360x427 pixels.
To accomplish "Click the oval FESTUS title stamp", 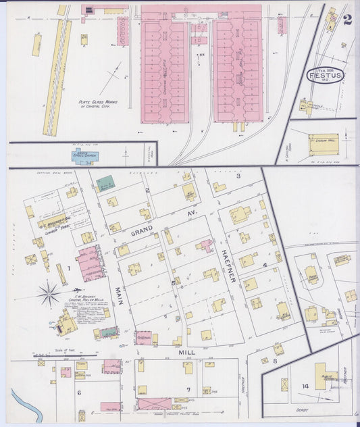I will pyautogui.click(x=326, y=75).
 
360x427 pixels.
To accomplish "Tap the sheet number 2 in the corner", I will pyautogui.click(x=347, y=19).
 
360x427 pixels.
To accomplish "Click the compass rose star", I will pyautogui.click(x=49, y=293).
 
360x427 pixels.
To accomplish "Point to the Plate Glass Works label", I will pyautogui.click(x=97, y=103).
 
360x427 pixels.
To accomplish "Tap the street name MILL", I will pyautogui.click(x=186, y=353).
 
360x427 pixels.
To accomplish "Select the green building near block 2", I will pyautogui.click(x=105, y=184).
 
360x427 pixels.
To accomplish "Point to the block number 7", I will pyautogui.click(x=188, y=390).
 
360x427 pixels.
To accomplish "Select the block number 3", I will pyautogui.click(x=238, y=176).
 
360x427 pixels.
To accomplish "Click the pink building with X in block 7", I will pyautogui.click(x=154, y=404).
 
